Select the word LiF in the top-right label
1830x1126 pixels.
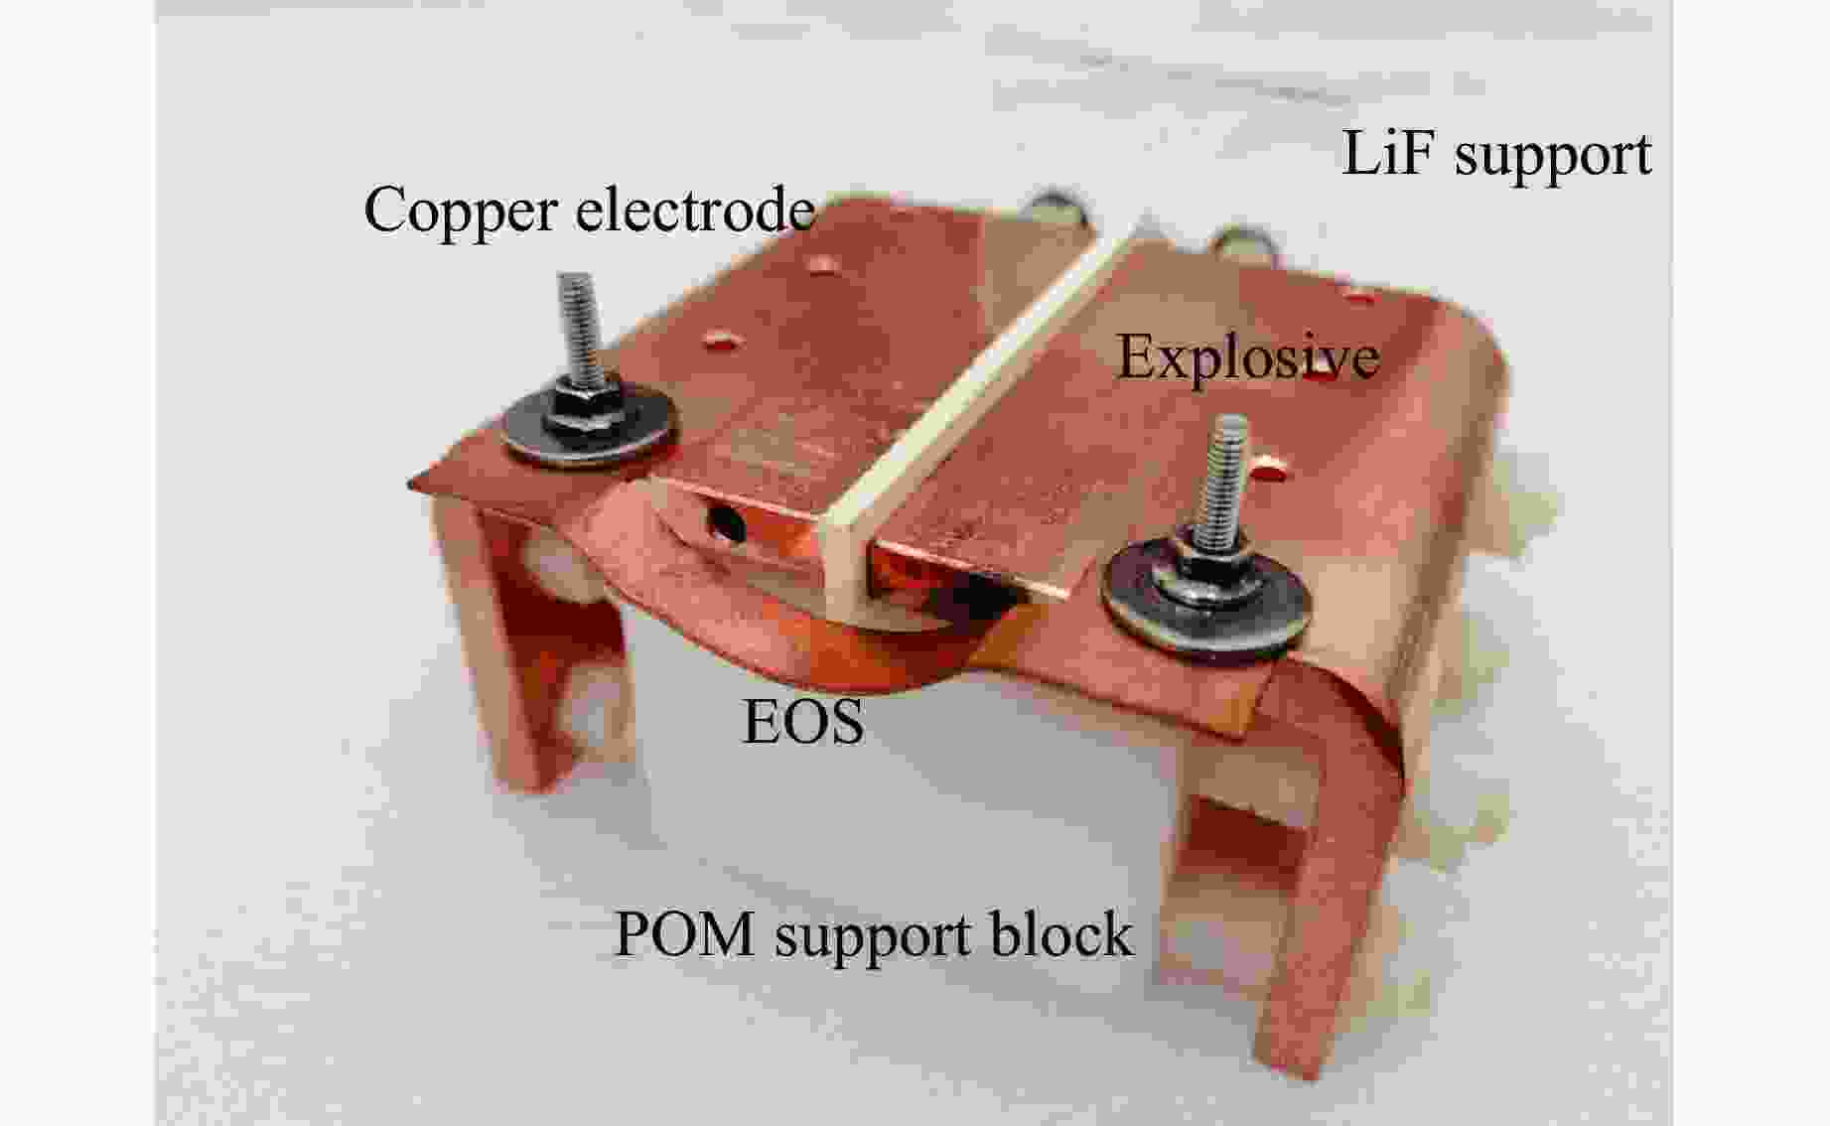click(x=1387, y=154)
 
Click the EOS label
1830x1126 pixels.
click(x=803, y=722)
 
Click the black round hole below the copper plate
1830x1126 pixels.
click(x=727, y=521)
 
